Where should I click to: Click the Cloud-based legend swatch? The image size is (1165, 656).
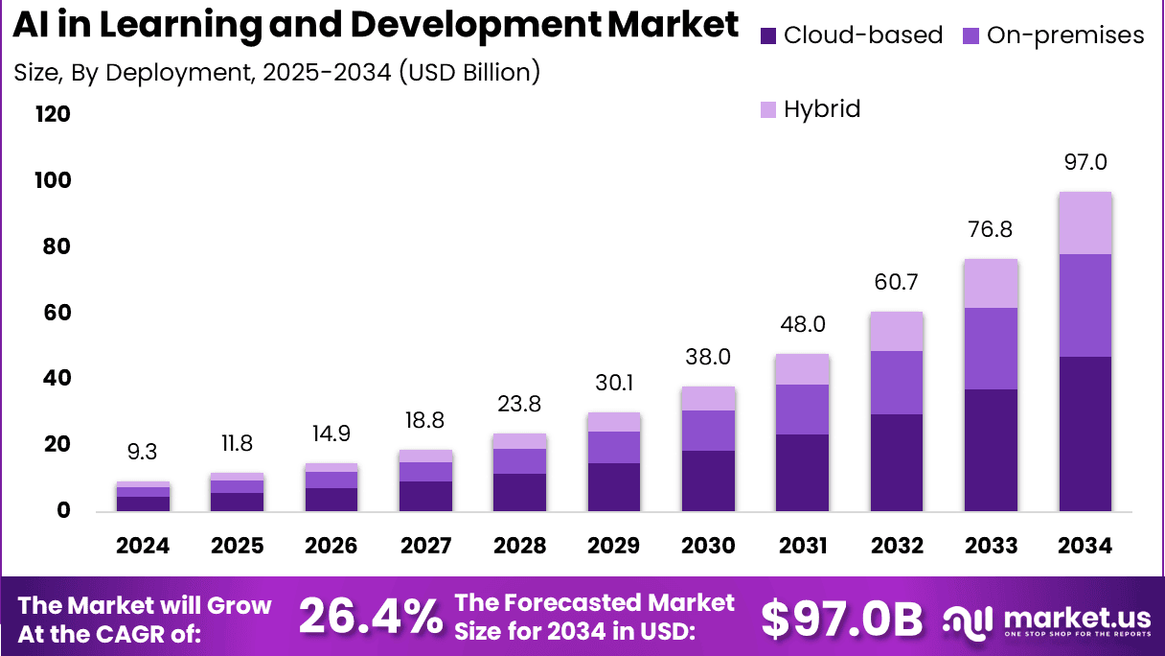[x=768, y=36]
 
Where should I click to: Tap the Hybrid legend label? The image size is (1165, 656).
[x=822, y=109]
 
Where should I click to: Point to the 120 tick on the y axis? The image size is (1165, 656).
[x=53, y=115]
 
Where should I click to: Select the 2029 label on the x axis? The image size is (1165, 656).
[x=613, y=546]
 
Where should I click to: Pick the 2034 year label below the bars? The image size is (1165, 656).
[x=1085, y=546]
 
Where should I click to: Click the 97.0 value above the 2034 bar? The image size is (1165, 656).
[x=1085, y=162]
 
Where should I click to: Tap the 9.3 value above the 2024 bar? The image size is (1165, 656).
[x=142, y=452]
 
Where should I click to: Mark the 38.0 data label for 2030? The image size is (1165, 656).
[x=708, y=357]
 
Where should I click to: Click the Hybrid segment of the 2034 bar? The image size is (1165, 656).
[x=1085, y=223]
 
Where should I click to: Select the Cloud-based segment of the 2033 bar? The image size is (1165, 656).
[x=991, y=450]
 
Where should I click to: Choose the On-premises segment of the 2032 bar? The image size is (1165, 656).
[x=896, y=383]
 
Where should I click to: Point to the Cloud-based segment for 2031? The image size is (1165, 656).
[x=802, y=472]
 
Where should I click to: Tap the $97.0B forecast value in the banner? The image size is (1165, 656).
[x=842, y=618]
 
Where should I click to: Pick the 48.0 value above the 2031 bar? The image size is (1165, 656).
[x=802, y=324]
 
